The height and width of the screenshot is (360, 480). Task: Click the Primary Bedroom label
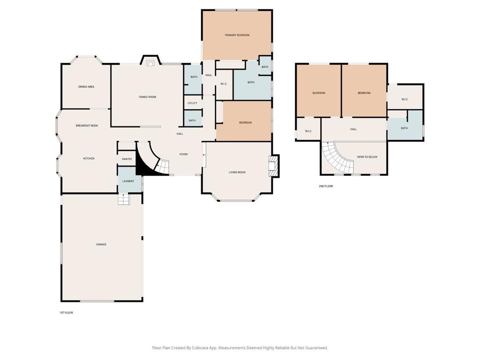coord(237,35)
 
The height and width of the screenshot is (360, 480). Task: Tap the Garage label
coord(101,244)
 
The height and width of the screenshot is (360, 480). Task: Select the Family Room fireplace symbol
coord(150,63)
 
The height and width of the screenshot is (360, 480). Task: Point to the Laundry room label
coord(128,181)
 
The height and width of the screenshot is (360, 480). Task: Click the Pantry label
coord(127,159)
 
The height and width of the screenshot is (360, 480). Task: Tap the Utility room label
coord(192,103)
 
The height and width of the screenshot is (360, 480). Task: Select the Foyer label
coord(184,154)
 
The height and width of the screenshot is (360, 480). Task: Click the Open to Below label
coord(367,157)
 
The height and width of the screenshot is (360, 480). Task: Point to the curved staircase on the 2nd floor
coord(337,159)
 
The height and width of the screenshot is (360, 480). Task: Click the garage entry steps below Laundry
coord(124,199)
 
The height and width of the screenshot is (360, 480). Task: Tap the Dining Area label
coord(86,87)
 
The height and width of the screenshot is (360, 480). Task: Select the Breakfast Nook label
coord(87,126)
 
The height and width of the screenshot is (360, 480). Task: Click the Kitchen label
coord(89,158)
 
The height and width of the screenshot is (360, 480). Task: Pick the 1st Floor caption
coord(66,313)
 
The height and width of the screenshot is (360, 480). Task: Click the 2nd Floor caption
coord(326,186)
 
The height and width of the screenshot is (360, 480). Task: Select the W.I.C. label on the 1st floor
coord(224,84)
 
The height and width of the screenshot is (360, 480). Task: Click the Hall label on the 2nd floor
coord(353,129)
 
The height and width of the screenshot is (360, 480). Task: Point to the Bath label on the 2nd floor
coord(404,128)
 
